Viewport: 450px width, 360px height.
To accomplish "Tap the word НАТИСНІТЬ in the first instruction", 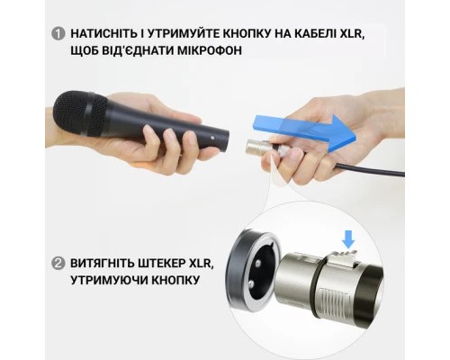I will point(104,34).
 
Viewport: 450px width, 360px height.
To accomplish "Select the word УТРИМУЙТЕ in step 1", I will point(193,34).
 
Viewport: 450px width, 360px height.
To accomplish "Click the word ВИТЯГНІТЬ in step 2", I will point(103,264).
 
